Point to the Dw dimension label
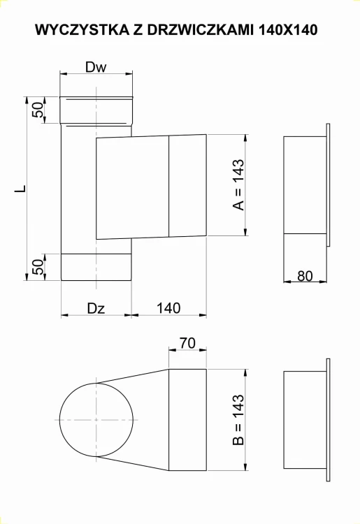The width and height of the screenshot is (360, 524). tap(96, 67)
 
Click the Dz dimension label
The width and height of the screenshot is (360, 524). tap(96, 307)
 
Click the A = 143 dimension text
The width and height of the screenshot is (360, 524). tap(238, 185)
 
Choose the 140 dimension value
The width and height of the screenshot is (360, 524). tap(168, 307)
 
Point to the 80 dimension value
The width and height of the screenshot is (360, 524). tap(304, 275)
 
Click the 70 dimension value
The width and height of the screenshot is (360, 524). tap(187, 343)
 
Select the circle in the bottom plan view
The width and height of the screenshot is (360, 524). tap(95, 419)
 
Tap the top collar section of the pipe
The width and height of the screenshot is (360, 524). tap(96, 110)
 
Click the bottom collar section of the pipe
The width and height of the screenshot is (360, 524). tap(96, 267)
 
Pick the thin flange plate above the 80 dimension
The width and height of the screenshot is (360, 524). tap(327, 185)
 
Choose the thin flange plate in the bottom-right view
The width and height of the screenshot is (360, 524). tap(327, 419)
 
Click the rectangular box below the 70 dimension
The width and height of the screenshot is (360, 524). tap(187, 419)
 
